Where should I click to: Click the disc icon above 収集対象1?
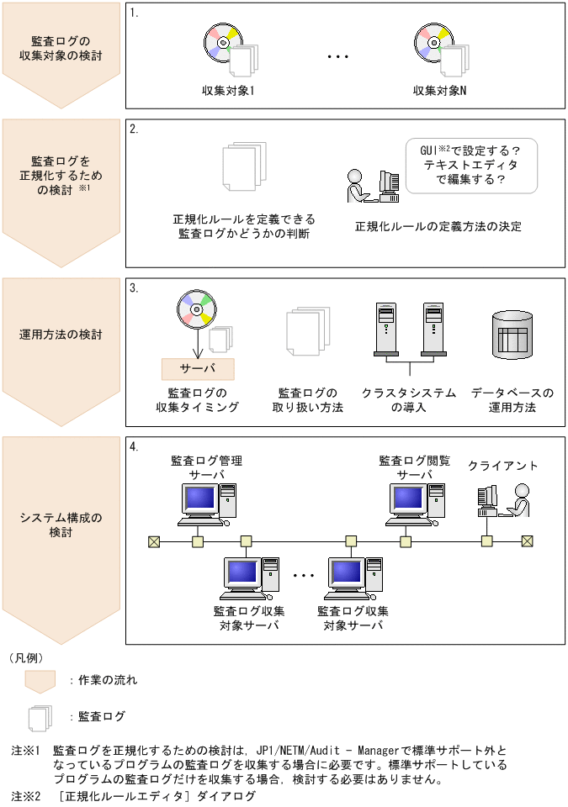coord(222,42)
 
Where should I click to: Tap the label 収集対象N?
coord(439,90)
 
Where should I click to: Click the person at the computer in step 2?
coord(357,187)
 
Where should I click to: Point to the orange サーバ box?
coord(198,368)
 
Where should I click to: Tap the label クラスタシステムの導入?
coord(409,400)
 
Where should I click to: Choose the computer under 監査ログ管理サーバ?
coord(205,504)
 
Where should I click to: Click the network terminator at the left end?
coord(154,541)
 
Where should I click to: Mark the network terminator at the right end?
coord(527,541)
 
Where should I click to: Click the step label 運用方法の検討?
coord(61,334)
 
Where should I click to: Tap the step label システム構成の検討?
coord(61,525)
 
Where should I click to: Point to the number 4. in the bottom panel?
coord(135,446)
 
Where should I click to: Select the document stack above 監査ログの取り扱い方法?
coord(307,338)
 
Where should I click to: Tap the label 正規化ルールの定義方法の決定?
coord(438,227)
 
